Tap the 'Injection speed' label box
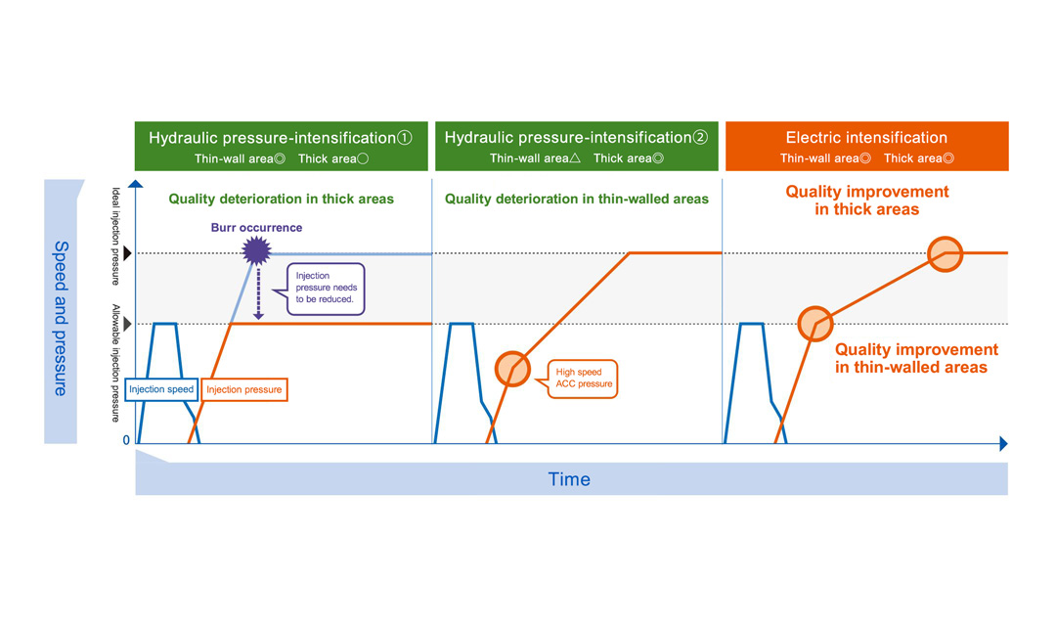(161, 389)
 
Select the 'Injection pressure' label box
(244, 389)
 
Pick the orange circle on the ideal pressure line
(946, 253)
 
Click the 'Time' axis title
(569, 479)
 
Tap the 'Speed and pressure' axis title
(60, 318)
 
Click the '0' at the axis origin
(126, 441)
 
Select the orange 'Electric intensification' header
(866, 147)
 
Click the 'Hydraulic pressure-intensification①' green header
(282, 147)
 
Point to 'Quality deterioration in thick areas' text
(281, 199)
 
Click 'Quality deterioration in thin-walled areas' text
(577, 199)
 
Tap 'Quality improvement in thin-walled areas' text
(916, 358)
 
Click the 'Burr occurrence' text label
(256, 228)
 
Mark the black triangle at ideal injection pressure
(126, 253)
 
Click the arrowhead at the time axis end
(1002, 443)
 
